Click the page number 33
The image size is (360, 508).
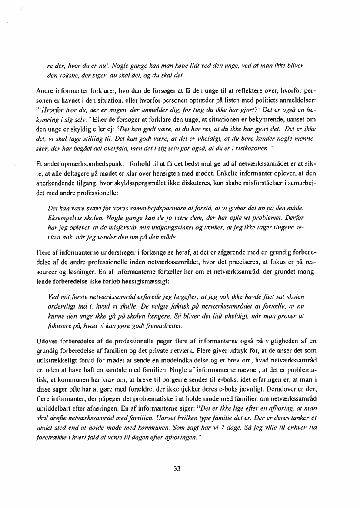pos(177,468)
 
